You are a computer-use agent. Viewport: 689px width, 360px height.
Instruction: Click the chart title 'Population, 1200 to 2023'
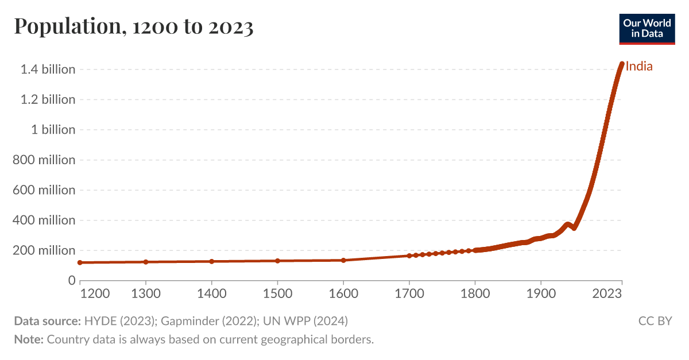(133, 27)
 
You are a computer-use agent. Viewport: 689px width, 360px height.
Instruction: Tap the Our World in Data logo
(647, 28)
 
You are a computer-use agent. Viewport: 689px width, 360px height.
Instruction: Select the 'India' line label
(639, 67)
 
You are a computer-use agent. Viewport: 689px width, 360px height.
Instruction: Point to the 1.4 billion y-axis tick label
(48, 69)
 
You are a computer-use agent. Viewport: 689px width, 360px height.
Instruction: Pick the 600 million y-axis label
(44, 190)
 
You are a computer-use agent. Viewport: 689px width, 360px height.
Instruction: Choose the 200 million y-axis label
(44, 250)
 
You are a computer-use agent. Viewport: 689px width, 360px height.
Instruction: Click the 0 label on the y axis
(71, 281)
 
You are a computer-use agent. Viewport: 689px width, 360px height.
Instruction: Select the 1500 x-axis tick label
(277, 294)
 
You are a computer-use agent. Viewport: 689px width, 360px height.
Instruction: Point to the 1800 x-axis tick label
(475, 294)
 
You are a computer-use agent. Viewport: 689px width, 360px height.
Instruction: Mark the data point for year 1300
(146, 262)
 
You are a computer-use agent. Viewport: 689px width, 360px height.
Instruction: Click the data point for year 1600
(343, 260)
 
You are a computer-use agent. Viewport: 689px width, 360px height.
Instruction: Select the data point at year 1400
(212, 261)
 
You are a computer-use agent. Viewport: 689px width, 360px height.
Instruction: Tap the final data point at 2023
(622, 64)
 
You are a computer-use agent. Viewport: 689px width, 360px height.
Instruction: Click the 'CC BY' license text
(655, 321)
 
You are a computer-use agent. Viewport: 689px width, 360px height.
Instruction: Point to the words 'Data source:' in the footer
(47, 321)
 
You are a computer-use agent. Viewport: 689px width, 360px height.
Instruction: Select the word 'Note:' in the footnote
(29, 339)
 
